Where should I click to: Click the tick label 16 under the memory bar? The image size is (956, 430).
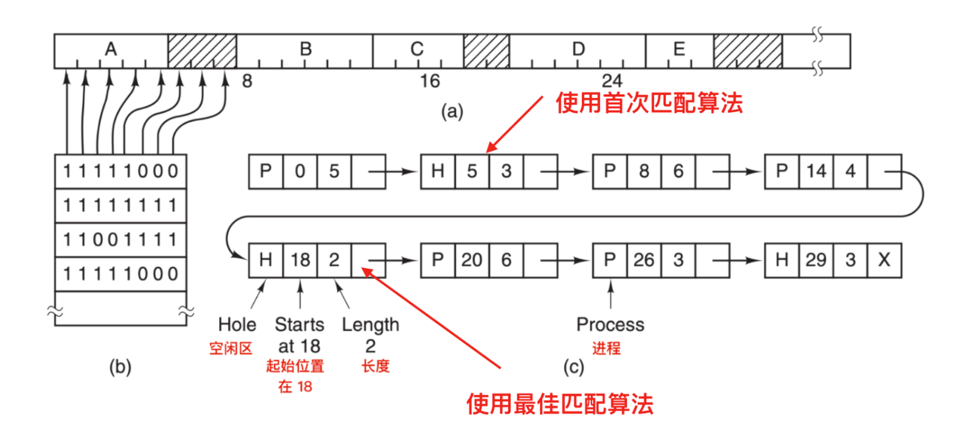coord(430,81)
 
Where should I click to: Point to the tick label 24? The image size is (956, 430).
coord(614,81)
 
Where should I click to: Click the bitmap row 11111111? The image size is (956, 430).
coord(121,205)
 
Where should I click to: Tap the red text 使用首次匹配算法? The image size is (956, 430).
coord(649,103)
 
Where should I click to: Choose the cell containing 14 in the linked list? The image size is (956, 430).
coord(816,172)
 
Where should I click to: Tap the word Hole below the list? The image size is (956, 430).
coord(237,325)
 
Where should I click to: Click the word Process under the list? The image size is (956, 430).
coord(610,325)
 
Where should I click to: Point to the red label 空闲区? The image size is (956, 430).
coord(237,348)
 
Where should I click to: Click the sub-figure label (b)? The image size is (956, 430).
coord(120,367)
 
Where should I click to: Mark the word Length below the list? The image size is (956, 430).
coord(370,325)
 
